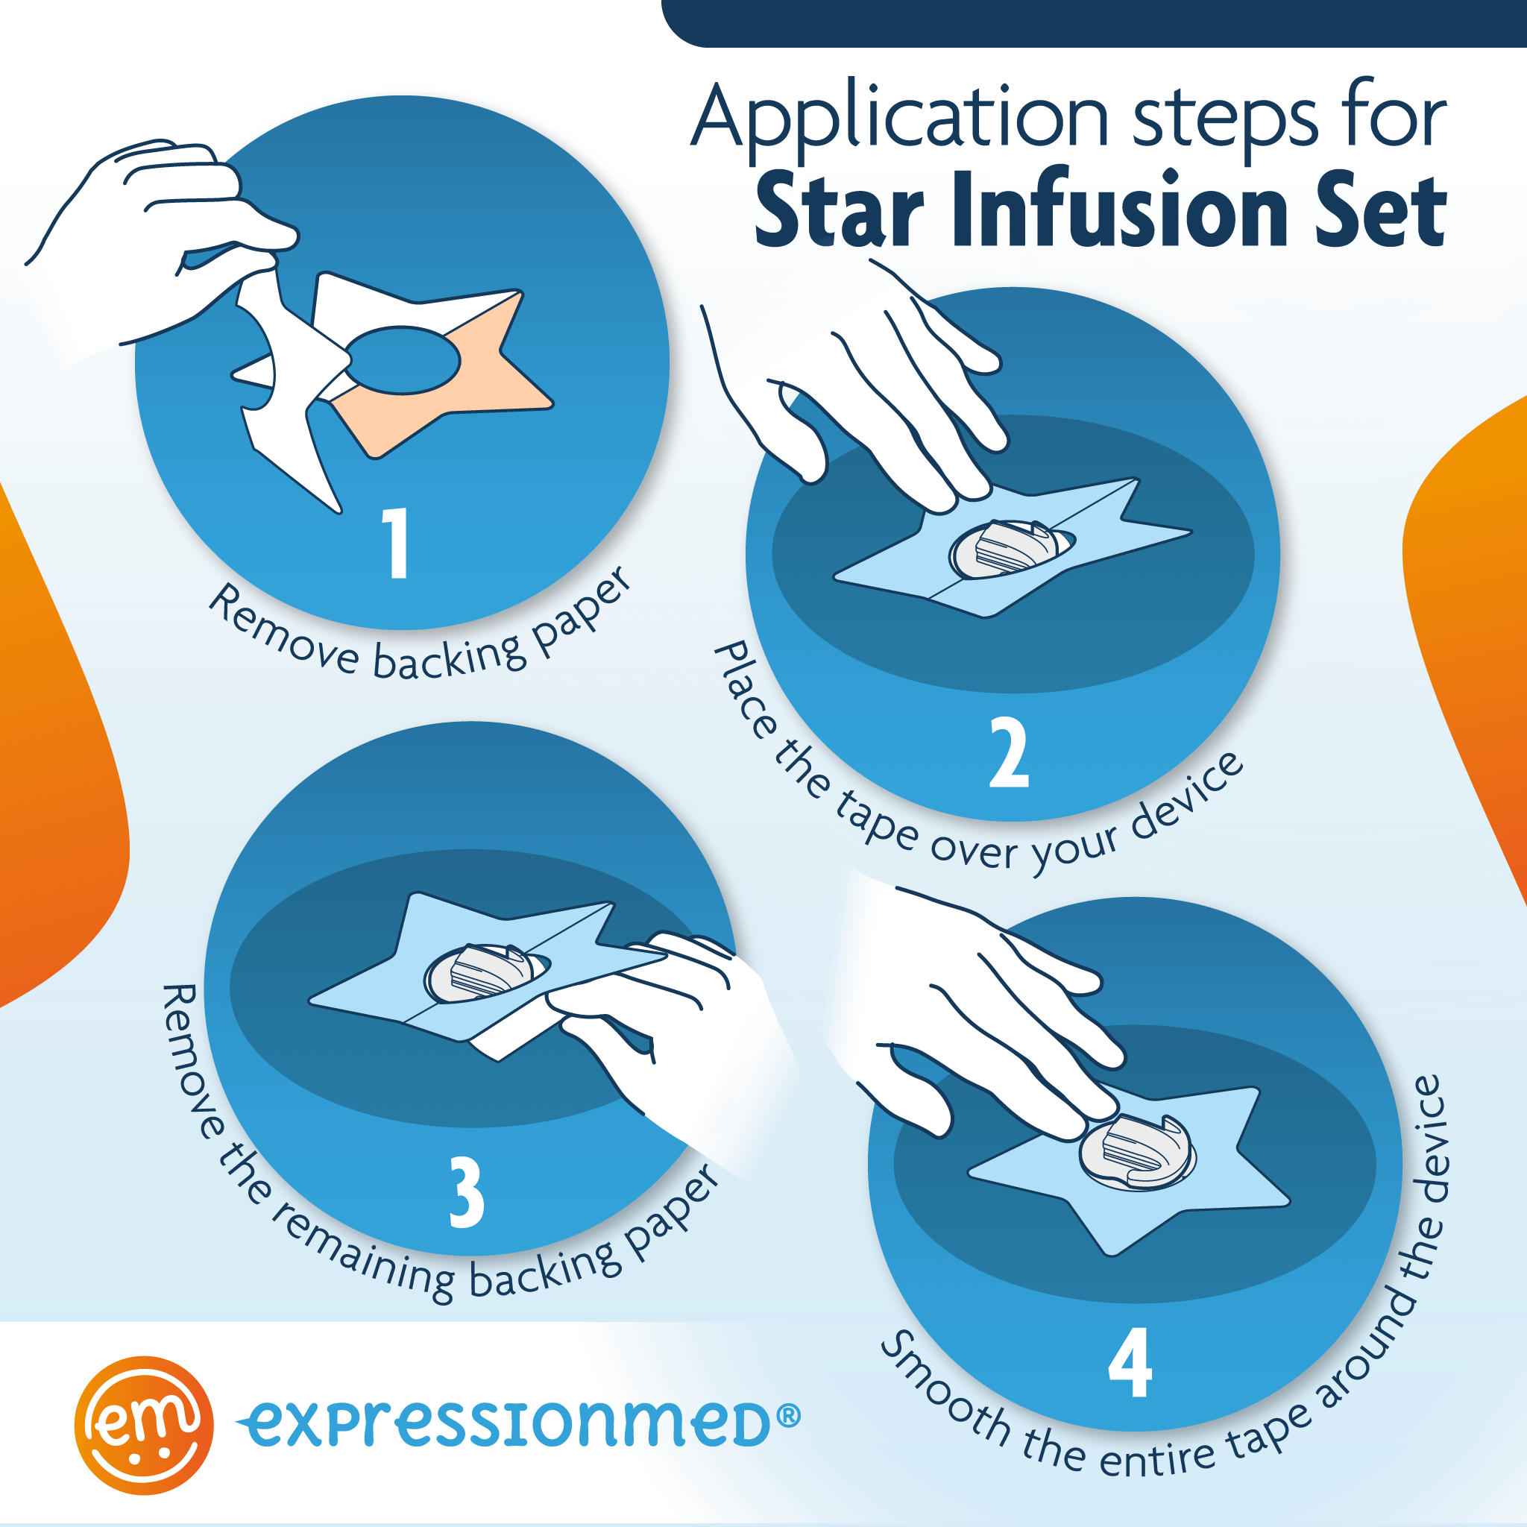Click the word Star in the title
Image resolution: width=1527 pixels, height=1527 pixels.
tap(838, 210)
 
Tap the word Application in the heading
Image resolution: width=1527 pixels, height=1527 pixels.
tap(901, 119)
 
